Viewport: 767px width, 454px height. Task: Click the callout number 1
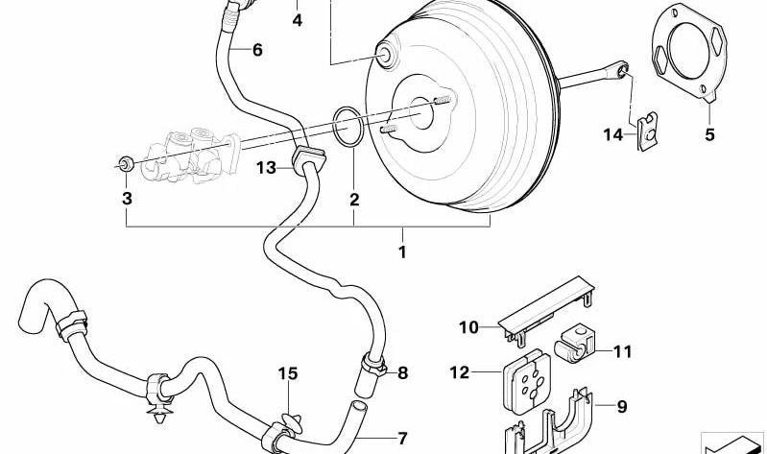point(402,252)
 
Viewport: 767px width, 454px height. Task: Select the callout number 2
point(354,200)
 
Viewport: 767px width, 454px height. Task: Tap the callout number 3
point(126,199)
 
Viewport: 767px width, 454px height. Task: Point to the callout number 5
point(709,135)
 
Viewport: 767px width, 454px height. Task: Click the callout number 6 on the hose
point(257,50)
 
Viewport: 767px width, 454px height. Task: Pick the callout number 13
point(266,169)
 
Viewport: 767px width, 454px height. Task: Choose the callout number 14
point(613,135)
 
